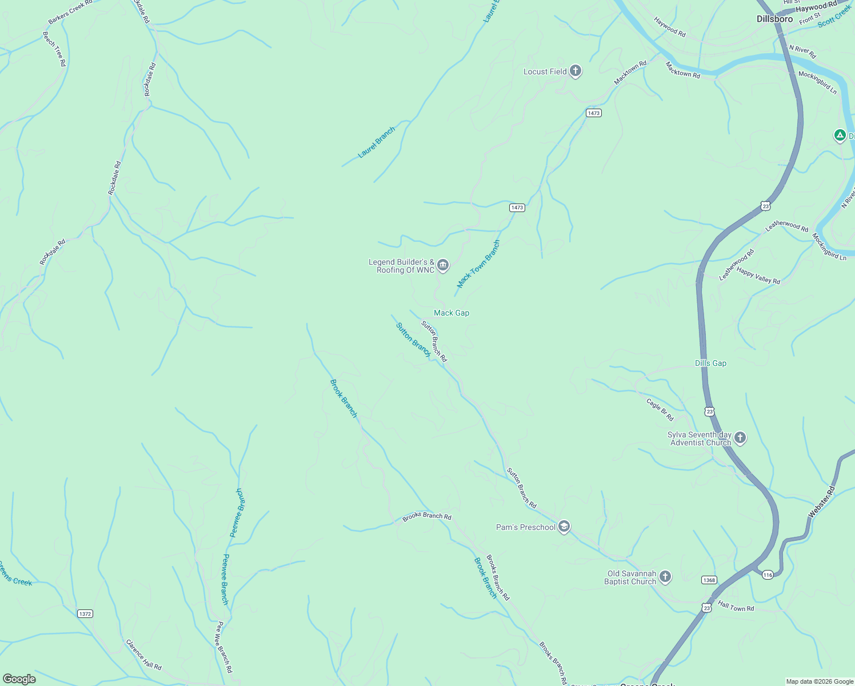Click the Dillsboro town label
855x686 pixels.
(774, 19)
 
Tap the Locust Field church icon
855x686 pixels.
(576, 71)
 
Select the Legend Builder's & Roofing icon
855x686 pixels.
(443, 266)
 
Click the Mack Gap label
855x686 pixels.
(451, 313)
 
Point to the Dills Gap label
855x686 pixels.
(710, 364)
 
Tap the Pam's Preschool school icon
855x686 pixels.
(564, 527)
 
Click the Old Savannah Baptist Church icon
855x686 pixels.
(665, 577)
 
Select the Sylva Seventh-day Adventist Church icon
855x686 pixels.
(740, 438)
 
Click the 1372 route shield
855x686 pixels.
(85, 614)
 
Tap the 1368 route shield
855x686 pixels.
(709, 580)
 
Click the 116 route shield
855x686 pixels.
(768, 575)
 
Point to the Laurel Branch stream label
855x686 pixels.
(376, 143)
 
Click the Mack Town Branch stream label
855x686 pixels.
(478, 264)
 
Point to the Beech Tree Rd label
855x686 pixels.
(54, 49)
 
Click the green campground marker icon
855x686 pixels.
(840, 135)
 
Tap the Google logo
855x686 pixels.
(19, 679)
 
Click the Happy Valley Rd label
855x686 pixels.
(758, 276)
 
